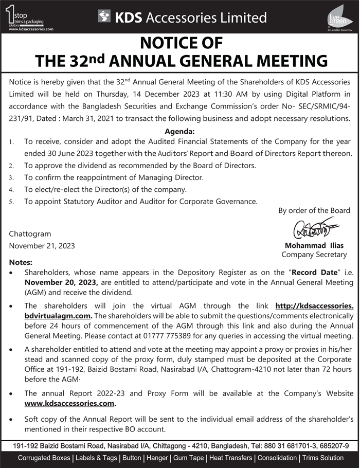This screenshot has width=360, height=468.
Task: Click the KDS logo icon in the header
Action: (x=105, y=17)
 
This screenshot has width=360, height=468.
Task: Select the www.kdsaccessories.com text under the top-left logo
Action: (x=31, y=30)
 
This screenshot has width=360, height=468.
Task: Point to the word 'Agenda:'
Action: (x=179, y=131)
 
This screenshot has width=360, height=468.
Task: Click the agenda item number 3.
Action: (x=11, y=178)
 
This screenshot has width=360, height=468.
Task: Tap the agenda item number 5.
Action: (x=11, y=202)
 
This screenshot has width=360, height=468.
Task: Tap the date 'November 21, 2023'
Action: (x=42, y=246)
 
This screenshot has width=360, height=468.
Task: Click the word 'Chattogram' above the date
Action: (x=30, y=234)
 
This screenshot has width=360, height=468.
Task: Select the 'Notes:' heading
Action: (x=21, y=262)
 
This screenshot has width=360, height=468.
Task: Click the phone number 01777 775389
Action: (x=184, y=336)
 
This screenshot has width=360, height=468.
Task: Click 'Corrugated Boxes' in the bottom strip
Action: (x=44, y=458)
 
